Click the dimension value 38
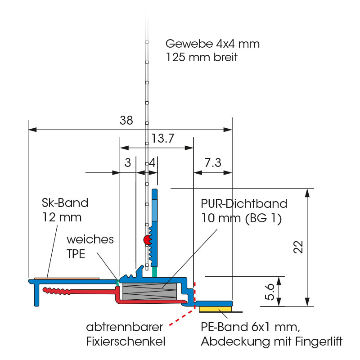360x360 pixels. coord(126,120)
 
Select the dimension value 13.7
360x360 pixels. coord(162,139)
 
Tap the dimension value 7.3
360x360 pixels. coord(212,163)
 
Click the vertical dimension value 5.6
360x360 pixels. coord(270,291)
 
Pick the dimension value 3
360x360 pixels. coord(128,163)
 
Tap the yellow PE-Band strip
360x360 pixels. coord(216,309)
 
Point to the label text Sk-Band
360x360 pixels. coord(62,202)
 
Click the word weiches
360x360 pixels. coord(90,238)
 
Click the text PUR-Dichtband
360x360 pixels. coord(244,203)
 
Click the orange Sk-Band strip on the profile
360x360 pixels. coord(67,278)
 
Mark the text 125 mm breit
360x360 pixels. coord(202,58)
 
